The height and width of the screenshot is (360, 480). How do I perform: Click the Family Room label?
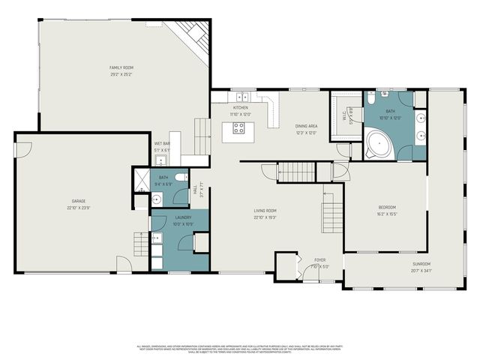[121, 67]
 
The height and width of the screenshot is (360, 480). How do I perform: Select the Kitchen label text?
[240, 108]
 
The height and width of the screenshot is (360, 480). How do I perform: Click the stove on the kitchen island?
[238, 127]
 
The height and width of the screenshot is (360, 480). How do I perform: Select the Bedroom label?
[386, 208]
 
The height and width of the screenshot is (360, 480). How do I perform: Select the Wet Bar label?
[162, 143]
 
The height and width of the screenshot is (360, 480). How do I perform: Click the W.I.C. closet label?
[345, 116]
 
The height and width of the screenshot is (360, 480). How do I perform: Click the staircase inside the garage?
[140, 244]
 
